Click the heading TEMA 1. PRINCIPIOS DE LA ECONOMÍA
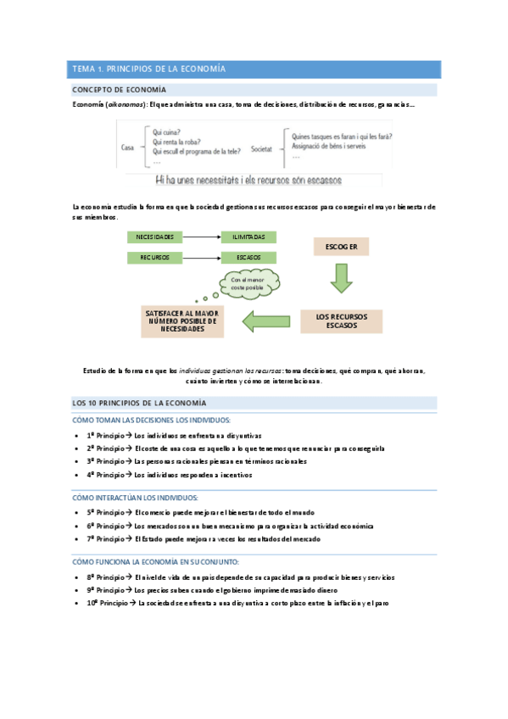148,69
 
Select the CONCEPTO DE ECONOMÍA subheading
119,90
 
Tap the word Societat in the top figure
262,148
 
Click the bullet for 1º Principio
78,435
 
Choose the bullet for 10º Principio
78,603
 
